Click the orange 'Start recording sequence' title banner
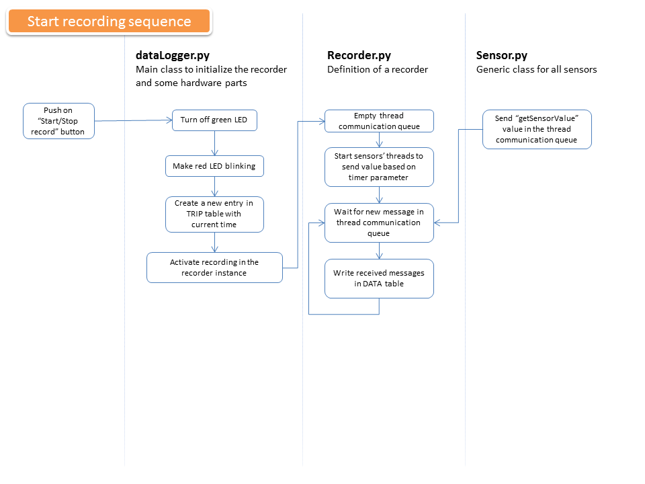point(109,21)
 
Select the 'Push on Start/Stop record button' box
point(59,121)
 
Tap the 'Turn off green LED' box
point(214,120)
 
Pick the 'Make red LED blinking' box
point(214,166)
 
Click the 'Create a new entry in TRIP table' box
point(214,214)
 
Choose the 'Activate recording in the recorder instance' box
point(214,268)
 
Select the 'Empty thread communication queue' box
point(379,121)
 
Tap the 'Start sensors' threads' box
point(379,167)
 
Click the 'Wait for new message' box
point(379,223)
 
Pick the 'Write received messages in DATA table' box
point(379,278)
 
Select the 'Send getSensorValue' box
point(537,129)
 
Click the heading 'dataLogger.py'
point(173,55)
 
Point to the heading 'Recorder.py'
point(359,55)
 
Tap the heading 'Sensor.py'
point(502,55)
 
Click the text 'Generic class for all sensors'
point(536,69)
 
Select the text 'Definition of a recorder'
point(378,69)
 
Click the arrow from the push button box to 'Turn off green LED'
point(133,120)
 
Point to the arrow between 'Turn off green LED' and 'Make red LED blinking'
point(215,143)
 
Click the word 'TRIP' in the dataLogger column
point(194,214)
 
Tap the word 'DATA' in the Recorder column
point(372,284)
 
